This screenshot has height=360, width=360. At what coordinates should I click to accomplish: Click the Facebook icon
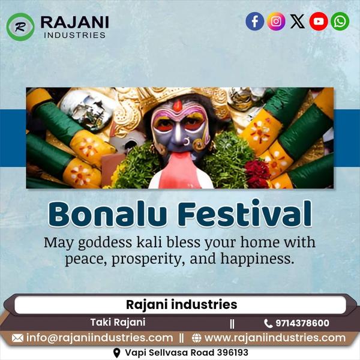tap(255, 22)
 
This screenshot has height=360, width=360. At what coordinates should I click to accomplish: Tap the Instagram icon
tap(276, 22)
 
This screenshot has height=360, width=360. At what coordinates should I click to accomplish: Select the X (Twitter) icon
tap(298, 22)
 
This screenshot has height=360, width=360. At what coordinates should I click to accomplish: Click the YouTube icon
tap(319, 22)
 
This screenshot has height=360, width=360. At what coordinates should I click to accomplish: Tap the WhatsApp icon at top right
tap(340, 22)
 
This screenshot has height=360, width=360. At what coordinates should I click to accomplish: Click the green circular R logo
tap(20, 27)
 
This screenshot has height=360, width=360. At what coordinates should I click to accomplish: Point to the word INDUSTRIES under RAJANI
tap(74, 35)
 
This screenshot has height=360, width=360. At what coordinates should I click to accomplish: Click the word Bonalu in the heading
tap(107, 214)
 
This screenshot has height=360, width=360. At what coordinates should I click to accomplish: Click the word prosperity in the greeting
tap(148, 259)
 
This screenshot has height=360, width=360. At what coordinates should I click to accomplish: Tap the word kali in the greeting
tap(149, 242)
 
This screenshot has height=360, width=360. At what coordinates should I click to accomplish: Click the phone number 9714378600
tap(302, 323)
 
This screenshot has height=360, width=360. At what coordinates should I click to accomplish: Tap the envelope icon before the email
tap(17, 338)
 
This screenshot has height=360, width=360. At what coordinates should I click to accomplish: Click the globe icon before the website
tap(197, 338)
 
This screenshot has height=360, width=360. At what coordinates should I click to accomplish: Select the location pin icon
tap(117, 353)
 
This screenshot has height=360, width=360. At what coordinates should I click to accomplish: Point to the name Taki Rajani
tap(118, 322)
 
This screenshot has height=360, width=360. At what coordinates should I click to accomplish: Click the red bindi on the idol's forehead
tap(177, 106)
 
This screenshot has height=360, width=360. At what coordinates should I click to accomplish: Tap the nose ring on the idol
tap(187, 142)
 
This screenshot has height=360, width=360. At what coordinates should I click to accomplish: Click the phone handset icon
tap(268, 323)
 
